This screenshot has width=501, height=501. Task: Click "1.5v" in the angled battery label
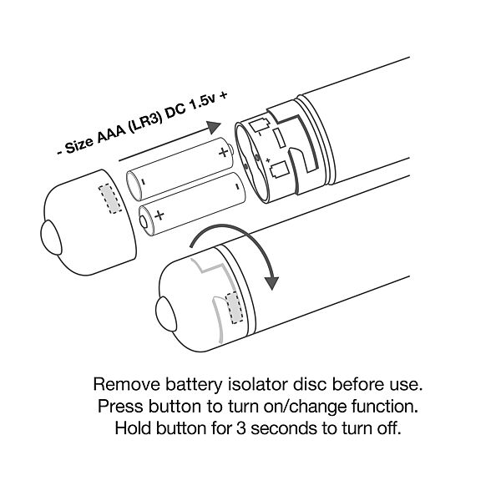pyautogui.click(x=204, y=103)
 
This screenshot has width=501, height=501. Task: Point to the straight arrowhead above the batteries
pyautogui.click(x=214, y=127)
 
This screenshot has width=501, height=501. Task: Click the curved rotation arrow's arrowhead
pyautogui.click(x=271, y=282)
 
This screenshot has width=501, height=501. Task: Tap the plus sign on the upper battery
pyautogui.click(x=223, y=152)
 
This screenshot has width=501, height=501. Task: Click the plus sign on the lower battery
pyautogui.click(x=159, y=215)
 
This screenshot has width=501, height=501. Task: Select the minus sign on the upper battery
pyautogui.click(x=144, y=182)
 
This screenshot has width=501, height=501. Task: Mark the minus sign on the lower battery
pyautogui.click(x=237, y=186)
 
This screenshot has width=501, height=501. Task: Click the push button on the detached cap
pyautogui.click(x=50, y=237)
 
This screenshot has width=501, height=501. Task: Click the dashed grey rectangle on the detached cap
pyautogui.click(x=110, y=198)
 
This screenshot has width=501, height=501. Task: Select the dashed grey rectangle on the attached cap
pyautogui.click(x=234, y=307)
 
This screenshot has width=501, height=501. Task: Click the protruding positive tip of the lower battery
pyautogui.click(x=144, y=221)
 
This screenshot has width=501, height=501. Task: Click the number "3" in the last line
pyautogui.click(x=241, y=428)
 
